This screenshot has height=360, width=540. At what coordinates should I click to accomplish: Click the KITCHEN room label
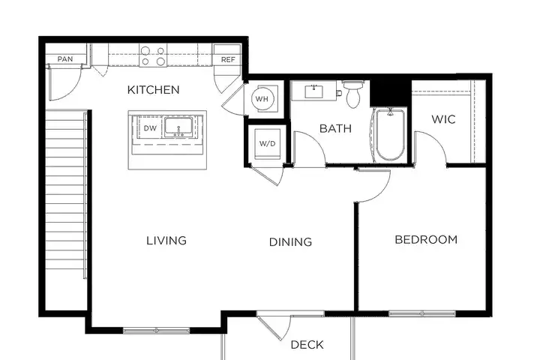pyautogui.click(x=153, y=90)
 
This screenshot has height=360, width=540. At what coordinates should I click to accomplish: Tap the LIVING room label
pyautogui.click(x=166, y=241)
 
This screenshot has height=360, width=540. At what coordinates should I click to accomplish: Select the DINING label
pyautogui.click(x=290, y=241)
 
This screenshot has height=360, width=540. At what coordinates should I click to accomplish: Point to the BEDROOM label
pyautogui.click(x=426, y=239)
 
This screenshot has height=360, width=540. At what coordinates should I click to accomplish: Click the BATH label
pyautogui.click(x=335, y=128)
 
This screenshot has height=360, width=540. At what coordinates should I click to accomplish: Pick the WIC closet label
pyautogui.click(x=443, y=119)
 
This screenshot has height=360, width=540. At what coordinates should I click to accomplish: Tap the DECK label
pyautogui.click(x=307, y=344)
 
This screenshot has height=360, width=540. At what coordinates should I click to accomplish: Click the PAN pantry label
pyautogui.click(x=65, y=59)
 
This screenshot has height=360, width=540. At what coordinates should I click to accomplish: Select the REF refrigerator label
pyautogui.click(x=228, y=59)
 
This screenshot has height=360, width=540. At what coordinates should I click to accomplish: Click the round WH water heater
pyautogui.click(x=262, y=99)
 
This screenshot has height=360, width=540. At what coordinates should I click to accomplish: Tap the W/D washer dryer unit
pyautogui.click(x=267, y=144)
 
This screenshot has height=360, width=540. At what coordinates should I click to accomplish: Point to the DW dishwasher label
pyautogui.click(x=150, y=128)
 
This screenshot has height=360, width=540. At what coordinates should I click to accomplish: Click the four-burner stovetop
pyautogui.click(x=153, y=55)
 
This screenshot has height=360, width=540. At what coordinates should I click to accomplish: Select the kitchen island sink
pyautogui.click(x=178, y=127)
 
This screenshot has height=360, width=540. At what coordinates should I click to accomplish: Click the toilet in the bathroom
pyautogui.click(x=353, y=93)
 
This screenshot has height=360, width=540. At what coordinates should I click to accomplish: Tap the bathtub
pyautogui.click(x=390, y=135)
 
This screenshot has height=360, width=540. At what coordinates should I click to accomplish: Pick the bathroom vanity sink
pyautogui.click(x=313, y=91)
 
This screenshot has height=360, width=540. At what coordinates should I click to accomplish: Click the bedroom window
pyautogui.click(x=422, y=313)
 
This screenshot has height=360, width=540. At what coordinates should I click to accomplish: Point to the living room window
pyautogui.click(x=156, y=330)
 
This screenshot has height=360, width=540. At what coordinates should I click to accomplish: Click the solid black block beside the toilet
pyautogui.click(x=391, y=93)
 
